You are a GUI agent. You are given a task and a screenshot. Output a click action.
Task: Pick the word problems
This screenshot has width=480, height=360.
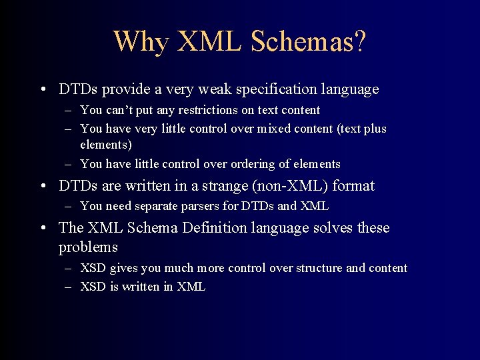coord(88,247)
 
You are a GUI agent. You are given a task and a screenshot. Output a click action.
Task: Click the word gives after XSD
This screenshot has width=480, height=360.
coord(123,268)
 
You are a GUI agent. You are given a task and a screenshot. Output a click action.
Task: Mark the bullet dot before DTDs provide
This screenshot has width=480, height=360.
coord(43,89)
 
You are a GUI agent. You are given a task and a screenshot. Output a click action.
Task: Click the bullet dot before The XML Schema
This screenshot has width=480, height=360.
coord(43,229)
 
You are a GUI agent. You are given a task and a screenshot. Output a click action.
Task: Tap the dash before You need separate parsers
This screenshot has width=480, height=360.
coord(69,207)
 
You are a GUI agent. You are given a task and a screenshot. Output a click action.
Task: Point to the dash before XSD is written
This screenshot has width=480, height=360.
coord(69,287)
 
